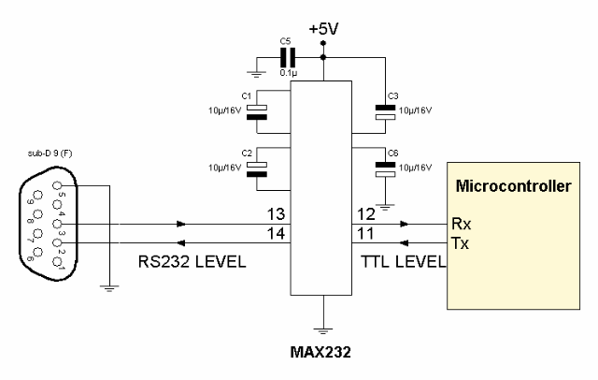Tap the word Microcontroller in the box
(x=512, y=186)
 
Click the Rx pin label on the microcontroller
(x=460, y=225)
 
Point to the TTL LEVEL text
(x=402, y=263)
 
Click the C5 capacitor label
(x=286, y=40)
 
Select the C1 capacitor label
(x=247, y=95)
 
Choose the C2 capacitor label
(x=247, y=152)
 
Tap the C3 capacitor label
(x=392, y=95)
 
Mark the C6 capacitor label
(x=392, y=152)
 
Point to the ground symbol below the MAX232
(x=321, y=329)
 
